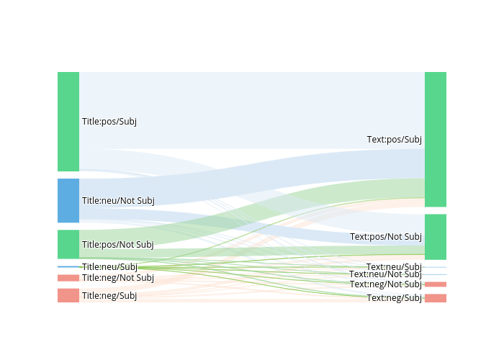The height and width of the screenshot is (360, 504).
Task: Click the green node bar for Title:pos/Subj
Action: click(68, 121)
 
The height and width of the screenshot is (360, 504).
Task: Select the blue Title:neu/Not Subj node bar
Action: click(68, 200)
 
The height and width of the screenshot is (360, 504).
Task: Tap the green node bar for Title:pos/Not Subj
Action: click(68, 244)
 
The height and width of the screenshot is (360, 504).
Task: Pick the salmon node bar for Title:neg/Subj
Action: click(68, 295)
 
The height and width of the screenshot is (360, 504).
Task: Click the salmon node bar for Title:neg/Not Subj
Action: click(68, 278)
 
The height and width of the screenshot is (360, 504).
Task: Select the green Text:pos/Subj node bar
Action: click(436, 139)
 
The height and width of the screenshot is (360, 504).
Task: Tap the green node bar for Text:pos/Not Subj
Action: click(436, 237)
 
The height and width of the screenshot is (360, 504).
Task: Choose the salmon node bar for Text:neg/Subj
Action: click(436, 298)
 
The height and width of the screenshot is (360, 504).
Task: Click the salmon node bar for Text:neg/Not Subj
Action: click(436, 284)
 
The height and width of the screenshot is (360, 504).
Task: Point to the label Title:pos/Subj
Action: click(109, 122)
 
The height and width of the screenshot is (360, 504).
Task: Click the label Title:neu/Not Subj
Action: click(118, 201)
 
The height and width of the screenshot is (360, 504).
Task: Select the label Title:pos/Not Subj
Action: click(118, 245)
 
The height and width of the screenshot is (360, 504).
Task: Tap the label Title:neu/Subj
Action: click(109, 267)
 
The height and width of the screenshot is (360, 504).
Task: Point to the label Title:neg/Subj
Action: click(109, 296)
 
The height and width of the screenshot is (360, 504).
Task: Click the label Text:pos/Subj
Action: click(395, 140)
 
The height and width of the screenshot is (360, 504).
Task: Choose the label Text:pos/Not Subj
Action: click(386, 237)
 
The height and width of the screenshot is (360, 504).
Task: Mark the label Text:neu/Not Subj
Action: click(386, 274)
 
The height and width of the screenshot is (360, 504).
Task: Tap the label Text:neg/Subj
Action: click(395, 298)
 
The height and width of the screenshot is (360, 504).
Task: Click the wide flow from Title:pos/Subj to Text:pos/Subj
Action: click(252, 108)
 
